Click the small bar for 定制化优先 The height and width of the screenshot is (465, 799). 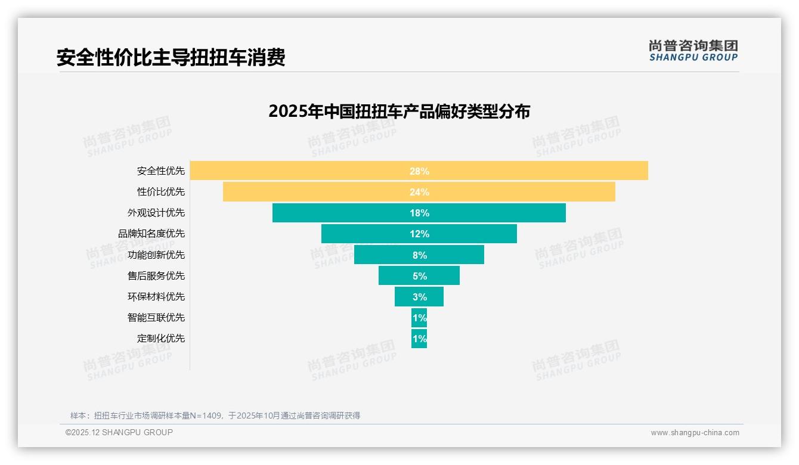[419, 339]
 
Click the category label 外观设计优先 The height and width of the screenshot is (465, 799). [156, 213]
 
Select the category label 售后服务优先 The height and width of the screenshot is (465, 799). [156, 276]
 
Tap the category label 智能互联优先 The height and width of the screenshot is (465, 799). [156, 318]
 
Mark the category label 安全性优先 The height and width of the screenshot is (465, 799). [160, 171]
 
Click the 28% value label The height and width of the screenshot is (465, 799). [419, 171]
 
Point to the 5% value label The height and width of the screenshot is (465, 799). [419, 276]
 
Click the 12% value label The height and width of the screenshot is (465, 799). [419, 234]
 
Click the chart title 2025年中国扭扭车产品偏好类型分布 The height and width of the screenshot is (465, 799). [399, 111]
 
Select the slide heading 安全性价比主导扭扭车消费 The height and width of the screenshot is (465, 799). [171, 57]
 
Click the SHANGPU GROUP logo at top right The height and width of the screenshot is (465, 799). [693, 51]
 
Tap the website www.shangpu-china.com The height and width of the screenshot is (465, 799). [695, 433]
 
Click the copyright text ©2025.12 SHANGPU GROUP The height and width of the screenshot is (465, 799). [119, 432]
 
